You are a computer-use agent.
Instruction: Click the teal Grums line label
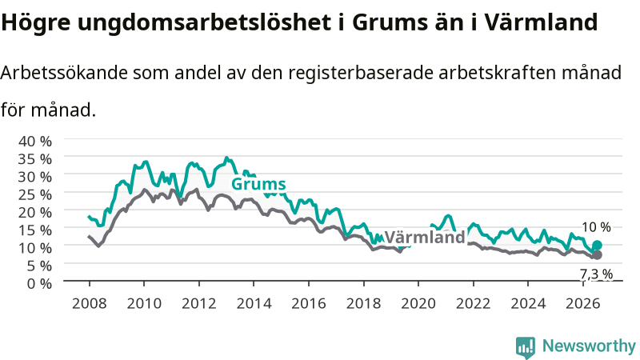258,184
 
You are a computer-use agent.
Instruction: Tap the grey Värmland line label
425,237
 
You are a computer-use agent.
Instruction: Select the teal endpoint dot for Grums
597,245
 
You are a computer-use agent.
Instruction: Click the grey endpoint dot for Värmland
597,254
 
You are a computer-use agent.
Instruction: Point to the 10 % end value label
596,227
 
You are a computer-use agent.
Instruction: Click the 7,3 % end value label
597,274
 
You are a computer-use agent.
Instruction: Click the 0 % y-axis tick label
39,283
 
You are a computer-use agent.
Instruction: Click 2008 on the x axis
89,304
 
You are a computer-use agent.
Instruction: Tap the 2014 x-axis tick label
254,304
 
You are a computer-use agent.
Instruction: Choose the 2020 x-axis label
418,304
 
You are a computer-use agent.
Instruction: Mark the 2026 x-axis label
583,304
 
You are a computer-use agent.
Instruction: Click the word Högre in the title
36,22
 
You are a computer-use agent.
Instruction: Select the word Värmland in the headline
542,22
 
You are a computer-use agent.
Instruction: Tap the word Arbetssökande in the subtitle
65,73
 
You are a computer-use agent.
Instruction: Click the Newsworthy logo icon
526,346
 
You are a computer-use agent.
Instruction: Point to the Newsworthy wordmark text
589,346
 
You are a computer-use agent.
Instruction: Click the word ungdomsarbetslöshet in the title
205,22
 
